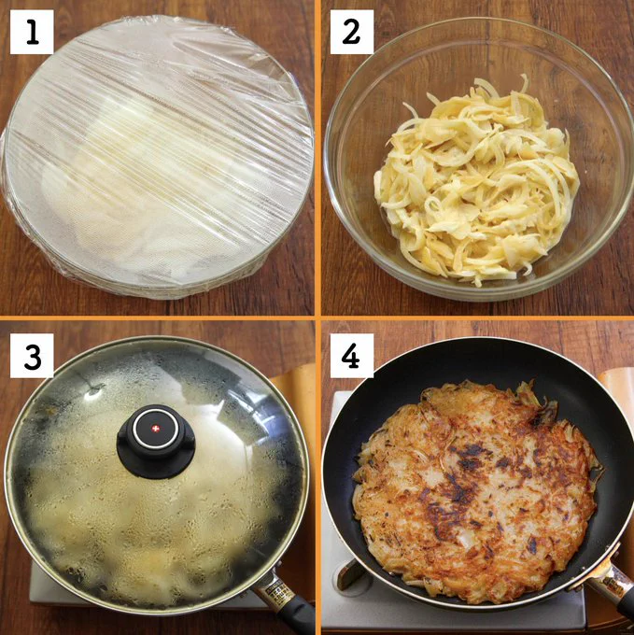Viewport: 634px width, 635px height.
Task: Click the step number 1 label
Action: [32, 32]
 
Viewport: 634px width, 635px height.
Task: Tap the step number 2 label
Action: [352, 32]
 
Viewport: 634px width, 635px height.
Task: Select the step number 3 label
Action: [32, 356]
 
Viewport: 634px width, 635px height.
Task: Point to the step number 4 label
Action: [352, 356]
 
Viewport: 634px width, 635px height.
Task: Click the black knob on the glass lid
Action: [156, 441]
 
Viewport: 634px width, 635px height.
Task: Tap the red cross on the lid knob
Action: [155, 429]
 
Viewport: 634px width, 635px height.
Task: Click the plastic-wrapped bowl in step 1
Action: [157, 158]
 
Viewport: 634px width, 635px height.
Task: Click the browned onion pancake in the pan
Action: [478, 490]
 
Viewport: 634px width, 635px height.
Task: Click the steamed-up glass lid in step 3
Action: [156, 473]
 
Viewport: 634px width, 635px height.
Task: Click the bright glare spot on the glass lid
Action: [94, 392]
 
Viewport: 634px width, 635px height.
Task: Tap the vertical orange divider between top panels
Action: [317, 158]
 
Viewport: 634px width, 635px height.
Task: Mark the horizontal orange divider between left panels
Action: [157, 318]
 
